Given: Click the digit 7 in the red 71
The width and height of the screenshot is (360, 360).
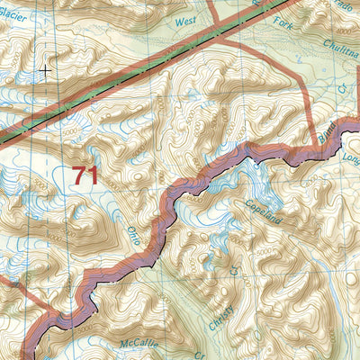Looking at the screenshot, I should [x=79, y=175].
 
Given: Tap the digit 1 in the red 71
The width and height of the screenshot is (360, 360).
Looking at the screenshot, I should [x=93, y=175].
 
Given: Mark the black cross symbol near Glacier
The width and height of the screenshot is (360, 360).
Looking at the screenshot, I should [x=45, y=67].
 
